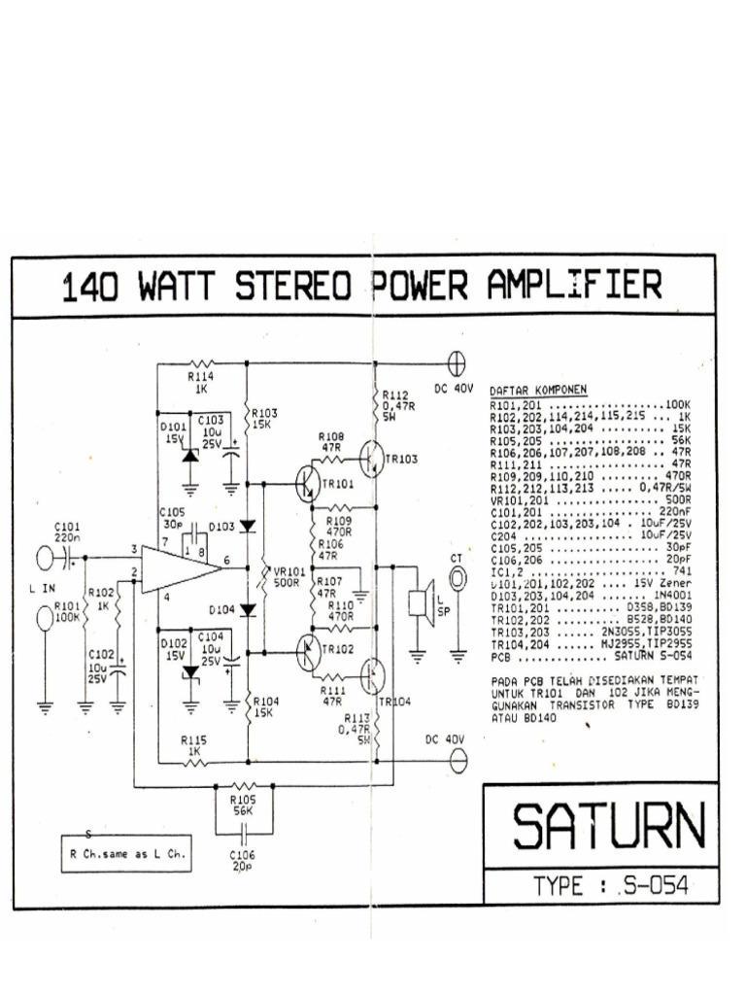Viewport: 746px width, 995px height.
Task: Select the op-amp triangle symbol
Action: [x=180, y=567]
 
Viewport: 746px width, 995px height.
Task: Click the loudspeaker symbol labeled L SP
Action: [x=420, y=602]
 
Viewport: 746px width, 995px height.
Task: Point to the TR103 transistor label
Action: [x=401, y=459]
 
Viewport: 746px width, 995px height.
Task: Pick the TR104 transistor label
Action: [x=395, y=701]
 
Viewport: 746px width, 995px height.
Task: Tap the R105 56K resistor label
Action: [x=242, y=803]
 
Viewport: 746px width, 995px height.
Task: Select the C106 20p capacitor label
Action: [x=242, y=859]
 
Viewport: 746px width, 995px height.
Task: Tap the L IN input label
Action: [x=44, y=589]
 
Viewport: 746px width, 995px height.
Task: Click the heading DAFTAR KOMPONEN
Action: [x=538, y=392]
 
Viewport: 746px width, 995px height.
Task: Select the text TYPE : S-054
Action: [x=610, y=885]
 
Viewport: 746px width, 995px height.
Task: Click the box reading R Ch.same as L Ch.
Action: [x=125, y=854]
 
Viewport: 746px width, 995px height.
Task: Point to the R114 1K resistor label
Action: [x=201, y=381]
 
